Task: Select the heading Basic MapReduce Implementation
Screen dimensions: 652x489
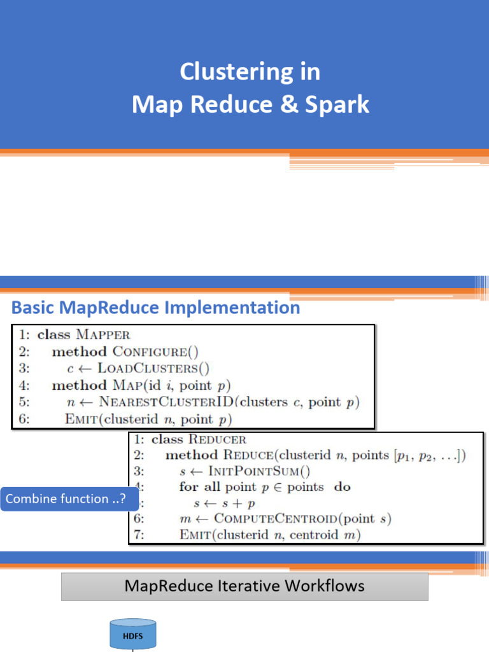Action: [x=156, y=308]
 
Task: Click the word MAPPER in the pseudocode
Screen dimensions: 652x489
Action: [x=103, y=334]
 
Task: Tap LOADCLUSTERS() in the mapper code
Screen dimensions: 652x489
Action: [x=159, y=368]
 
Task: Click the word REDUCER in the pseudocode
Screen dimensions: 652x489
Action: [x=217, y=439]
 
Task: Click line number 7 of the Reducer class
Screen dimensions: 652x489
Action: [x=138, y=535]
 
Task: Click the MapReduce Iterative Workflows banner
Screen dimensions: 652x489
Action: [x=244, y=586]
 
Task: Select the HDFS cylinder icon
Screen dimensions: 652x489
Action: [x=133, y=634]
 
